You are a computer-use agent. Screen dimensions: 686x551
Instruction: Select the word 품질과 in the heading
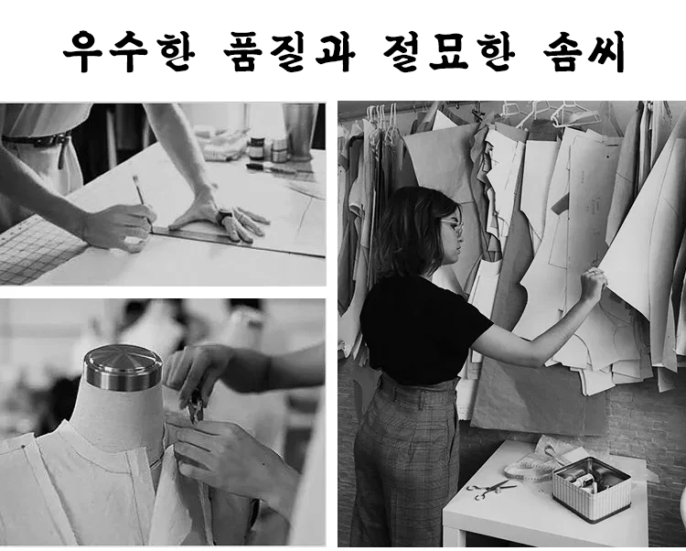point(290,51)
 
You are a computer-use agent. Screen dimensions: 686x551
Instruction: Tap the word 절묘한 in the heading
point(449,51)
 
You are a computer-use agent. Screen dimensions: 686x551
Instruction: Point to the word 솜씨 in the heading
point(584,51)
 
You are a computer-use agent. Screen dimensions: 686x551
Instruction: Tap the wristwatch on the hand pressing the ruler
point(225,216)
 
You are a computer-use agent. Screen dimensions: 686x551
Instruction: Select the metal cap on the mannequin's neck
point(123,368)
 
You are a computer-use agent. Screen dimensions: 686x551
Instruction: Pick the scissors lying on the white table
point(491,489)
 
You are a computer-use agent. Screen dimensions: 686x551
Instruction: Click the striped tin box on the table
point(592,490)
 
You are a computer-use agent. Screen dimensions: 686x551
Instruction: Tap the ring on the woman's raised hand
point(591,272)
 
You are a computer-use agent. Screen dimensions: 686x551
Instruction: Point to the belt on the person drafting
point(38,140)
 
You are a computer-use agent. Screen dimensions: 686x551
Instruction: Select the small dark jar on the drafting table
point(256,148)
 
